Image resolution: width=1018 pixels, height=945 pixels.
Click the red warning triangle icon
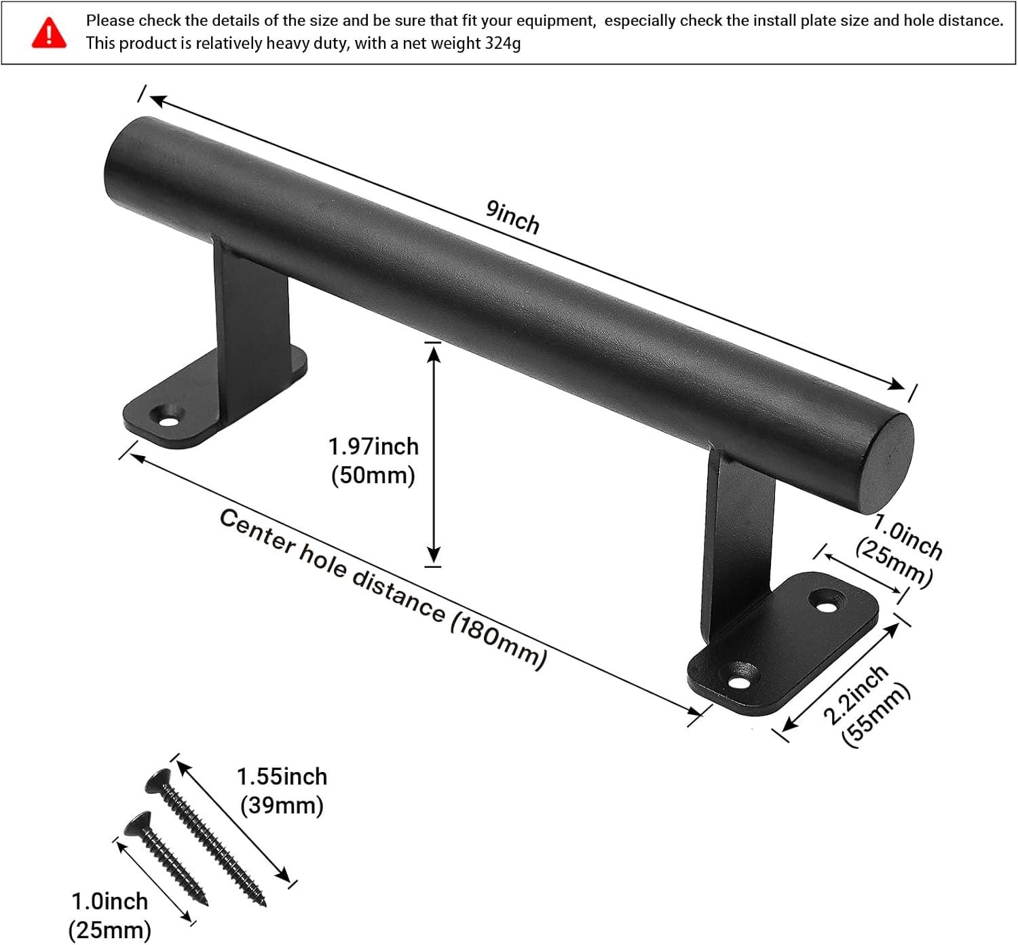49,33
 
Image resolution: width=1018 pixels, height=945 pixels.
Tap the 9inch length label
512,217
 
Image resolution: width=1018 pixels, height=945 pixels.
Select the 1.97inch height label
373,446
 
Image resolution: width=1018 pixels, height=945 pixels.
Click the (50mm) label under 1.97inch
373,475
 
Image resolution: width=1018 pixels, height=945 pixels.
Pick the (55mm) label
875,716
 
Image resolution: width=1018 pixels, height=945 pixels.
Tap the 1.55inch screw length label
282,777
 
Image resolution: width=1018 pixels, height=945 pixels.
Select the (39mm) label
282,806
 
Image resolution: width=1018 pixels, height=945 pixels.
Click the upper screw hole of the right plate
825,602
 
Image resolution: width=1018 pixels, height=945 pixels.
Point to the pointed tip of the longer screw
263,903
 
